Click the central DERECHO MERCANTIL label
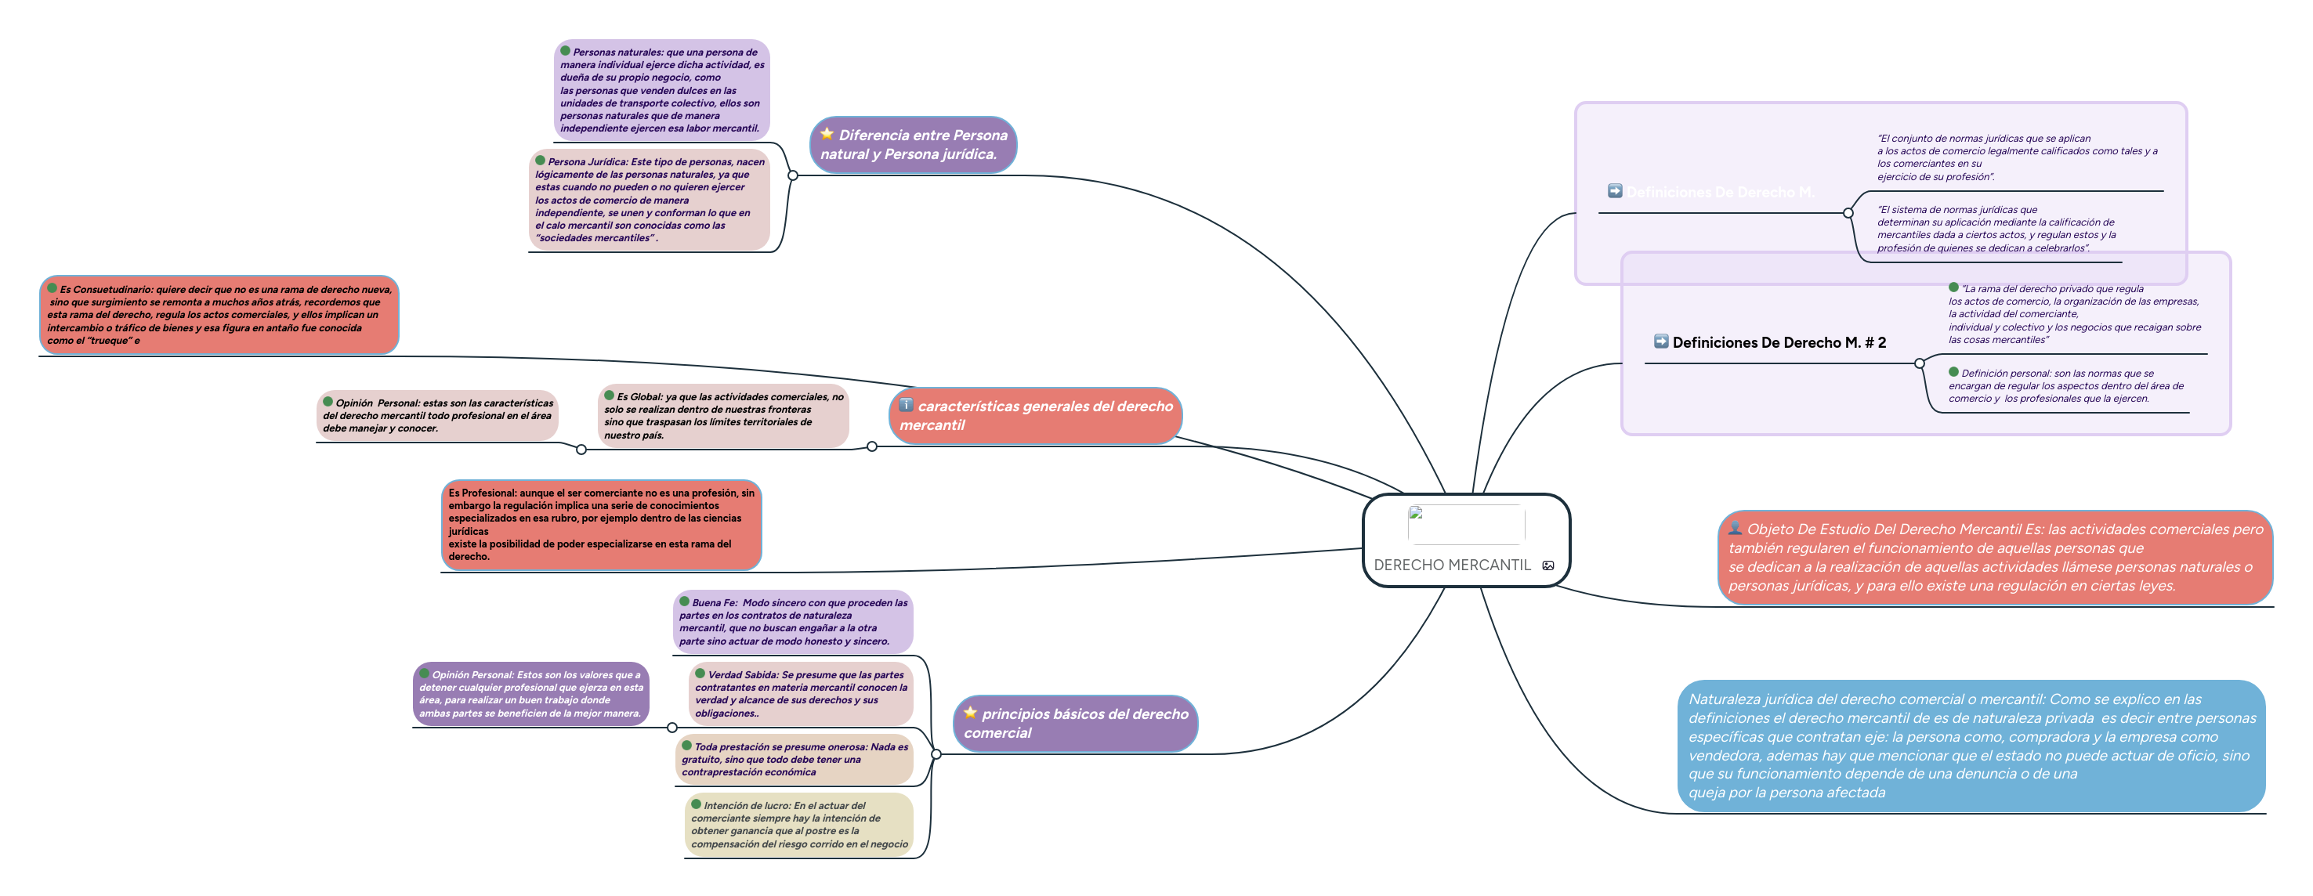(x=1451, y=565)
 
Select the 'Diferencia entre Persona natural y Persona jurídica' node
(x=913, y=145)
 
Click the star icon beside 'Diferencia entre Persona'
(x=826, y=134)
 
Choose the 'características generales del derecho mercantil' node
(x=1035, y=416)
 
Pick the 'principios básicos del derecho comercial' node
(x=1075, y=723)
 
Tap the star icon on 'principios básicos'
(x=970, y=713)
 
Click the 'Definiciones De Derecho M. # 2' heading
(x=1778, y=342)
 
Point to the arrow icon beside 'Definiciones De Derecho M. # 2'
(x=1660, y=341)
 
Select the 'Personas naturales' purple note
(x=662, y=90)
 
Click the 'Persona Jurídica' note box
(x=650, y=199)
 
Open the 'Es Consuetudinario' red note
(x=219, y=314)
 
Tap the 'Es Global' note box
(x=722, y=416)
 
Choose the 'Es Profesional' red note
(x=601, y=524)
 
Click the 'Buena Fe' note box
(x=792, y=621)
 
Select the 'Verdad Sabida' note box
(x=800, y=693)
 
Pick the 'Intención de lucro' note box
(x=798, y=824)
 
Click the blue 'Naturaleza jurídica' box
(x=1970, y=745)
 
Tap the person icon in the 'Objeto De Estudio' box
(x=1735, y=528)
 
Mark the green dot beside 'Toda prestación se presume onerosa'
(x=687, y=745)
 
